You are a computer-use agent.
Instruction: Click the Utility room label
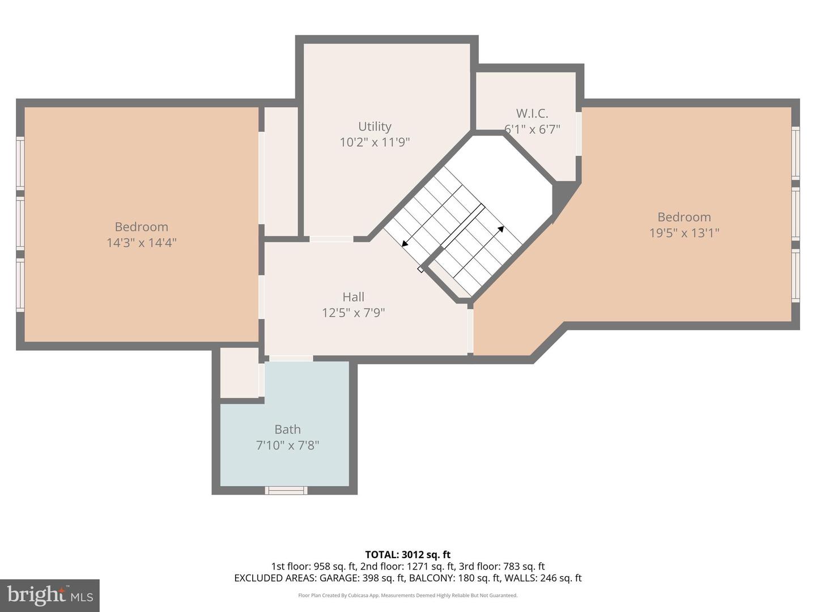375,126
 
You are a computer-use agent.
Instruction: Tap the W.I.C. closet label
532,113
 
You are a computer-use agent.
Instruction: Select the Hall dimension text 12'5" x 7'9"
353,312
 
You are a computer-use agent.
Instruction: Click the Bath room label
287,430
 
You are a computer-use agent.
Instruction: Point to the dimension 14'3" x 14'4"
141,243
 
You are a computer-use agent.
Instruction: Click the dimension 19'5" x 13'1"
684,232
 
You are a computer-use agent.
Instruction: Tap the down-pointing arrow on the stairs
406,244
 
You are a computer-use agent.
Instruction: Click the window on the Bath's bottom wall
287,490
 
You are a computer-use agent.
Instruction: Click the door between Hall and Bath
291,358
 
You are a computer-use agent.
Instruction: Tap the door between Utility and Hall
331,239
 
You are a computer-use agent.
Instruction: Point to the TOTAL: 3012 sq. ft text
407,555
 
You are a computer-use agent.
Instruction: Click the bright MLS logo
50,595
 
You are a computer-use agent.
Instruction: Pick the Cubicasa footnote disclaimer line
407,596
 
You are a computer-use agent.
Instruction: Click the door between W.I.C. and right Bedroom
579,134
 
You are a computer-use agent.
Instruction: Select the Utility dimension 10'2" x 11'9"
375,142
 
